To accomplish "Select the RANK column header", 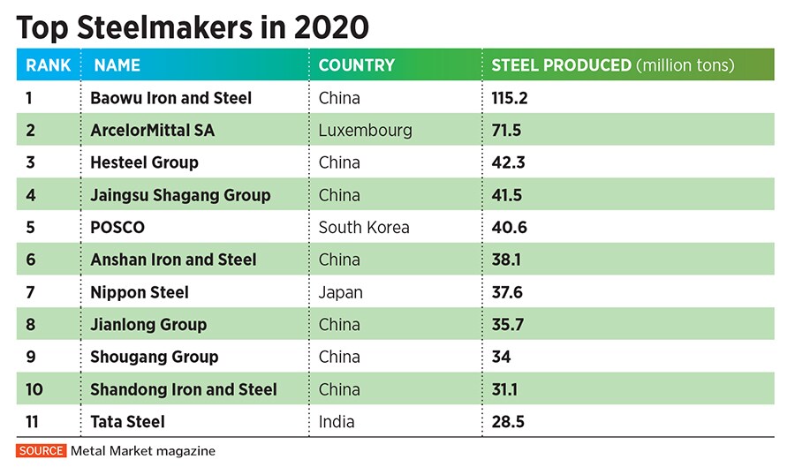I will [x=49, y=65].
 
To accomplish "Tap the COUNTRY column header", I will [x=356, y=65].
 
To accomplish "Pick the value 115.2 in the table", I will [x=510, y=98].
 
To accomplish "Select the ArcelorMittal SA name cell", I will [x=152, y=131].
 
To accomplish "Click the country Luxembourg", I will [x=365, y=131].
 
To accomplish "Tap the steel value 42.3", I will [x=508, y=162].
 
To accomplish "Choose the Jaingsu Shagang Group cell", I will [x=180, y=195].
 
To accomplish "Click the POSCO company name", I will [x=117, y=228].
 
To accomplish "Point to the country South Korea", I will [x=364, y=228].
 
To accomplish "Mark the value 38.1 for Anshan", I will [x=508, y=260].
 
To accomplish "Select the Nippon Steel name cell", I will [x=140, y=292].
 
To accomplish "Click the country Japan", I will [x=340, y=292].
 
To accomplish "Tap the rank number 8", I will [x=31, y=325].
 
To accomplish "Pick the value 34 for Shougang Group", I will [x=501, y=357].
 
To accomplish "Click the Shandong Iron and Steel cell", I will [x=184, y=389].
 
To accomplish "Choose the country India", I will [x=337, y=422].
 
